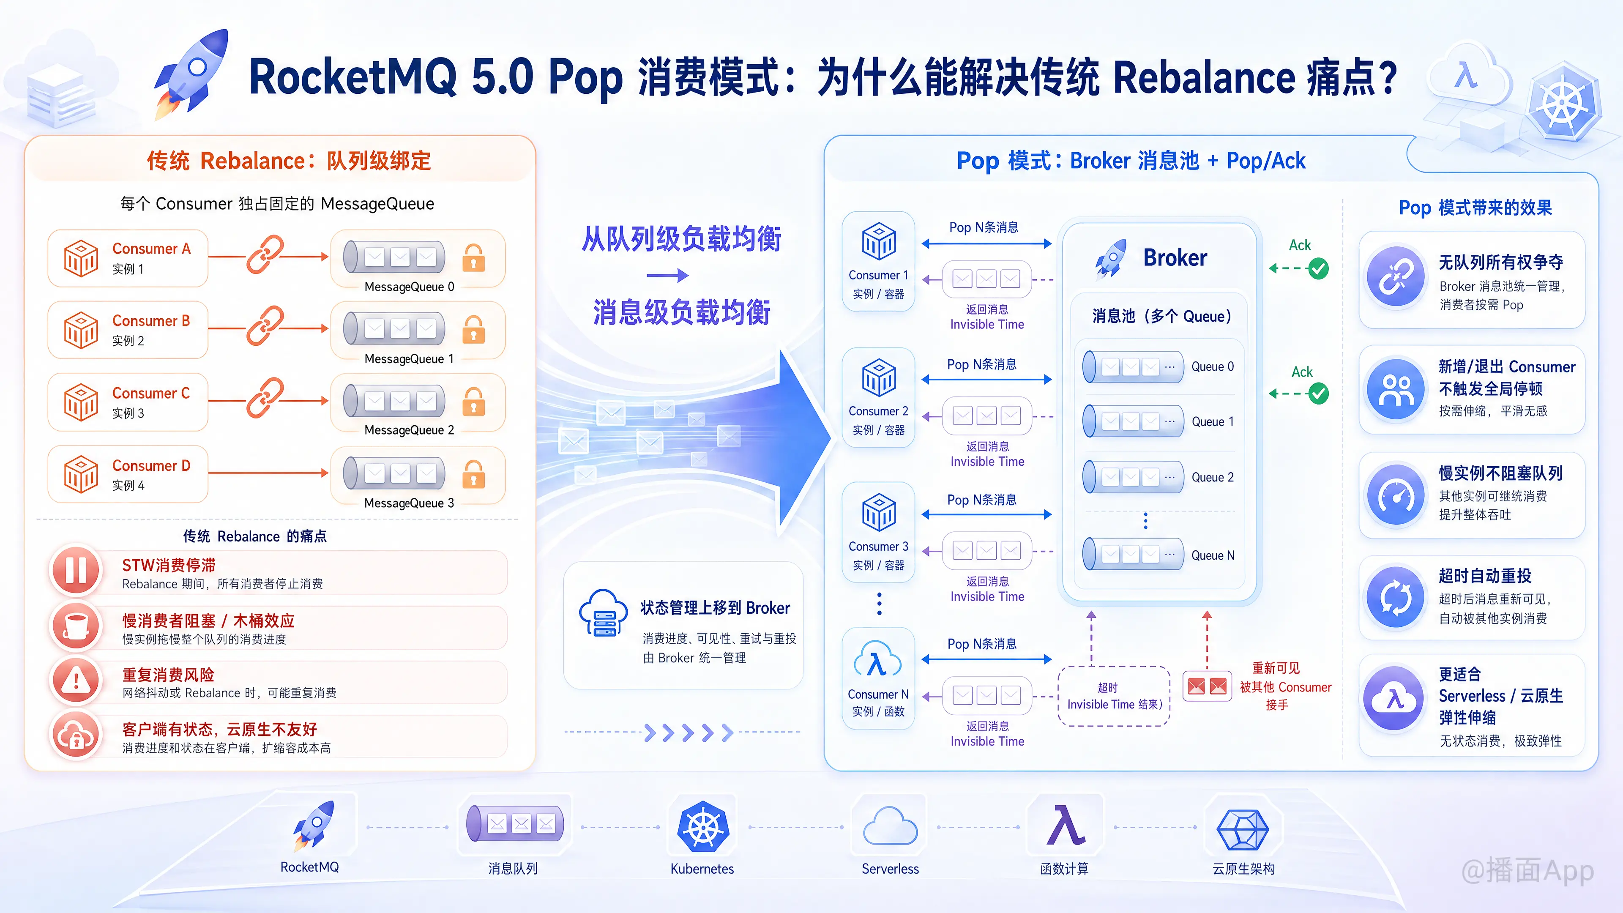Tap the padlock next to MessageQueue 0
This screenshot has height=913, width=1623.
pyautogui.click(x=473, y=257)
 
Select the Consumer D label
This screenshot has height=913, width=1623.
pyautogui.click(x=151, y=466)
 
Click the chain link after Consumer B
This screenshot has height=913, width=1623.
pyautogui.click(x=265, y=326)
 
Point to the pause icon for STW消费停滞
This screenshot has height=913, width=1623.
pyautogui.click(x=76, y=571)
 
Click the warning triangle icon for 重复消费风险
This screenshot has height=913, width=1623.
pyautogui.click(x=76, y=681)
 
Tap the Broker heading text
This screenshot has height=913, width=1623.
pyautogui.click(x=1175, y=258)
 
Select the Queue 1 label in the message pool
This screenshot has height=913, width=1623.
pyautogui.click(x=1212, y=421)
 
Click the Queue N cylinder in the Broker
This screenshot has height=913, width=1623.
pyautogui.click(x=1133, y=555)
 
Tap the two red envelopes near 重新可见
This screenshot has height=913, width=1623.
pyautogui.click(x=1207, y=686)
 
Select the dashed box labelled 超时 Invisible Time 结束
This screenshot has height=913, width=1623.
pyautogui.click(x=1114, y=696)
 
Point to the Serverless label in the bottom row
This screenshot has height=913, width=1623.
pyautogui.click(x=890, y=869)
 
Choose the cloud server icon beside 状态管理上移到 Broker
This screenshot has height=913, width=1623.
pyautogui.click(x=603, y=613)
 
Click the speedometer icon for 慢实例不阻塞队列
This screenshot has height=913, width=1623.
pyautogui.click(x=1396, y=496)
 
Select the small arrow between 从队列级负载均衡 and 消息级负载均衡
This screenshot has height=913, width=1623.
pyautogui.click(x=667, y=275)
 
